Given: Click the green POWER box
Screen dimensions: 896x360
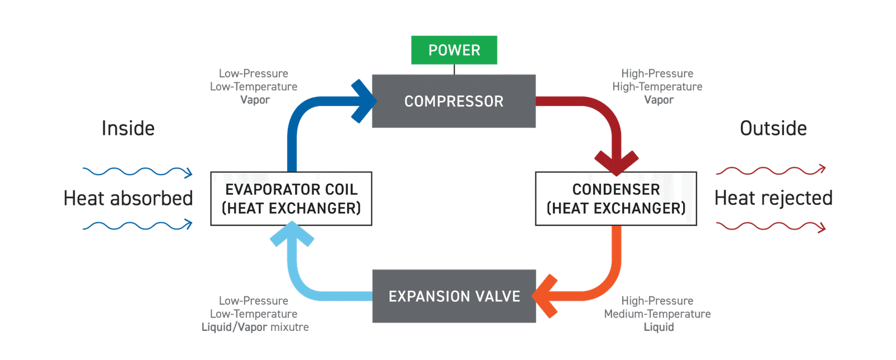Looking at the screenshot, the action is [x=454, y=50].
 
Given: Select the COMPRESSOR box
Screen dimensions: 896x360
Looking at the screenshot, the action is [x=454, y=101].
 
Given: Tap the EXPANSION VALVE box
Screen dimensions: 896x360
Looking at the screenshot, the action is [x=454, y=296].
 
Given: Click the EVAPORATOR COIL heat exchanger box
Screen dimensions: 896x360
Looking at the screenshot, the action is [x=291, y=199].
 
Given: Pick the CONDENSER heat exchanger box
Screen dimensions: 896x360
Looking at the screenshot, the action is [x=616, y=199].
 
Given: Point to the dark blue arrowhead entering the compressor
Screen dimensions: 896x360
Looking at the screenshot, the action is [x=364, y=101].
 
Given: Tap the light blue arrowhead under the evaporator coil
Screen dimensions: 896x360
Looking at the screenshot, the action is [x=292, y=234].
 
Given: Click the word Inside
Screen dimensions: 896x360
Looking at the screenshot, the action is [x=128, y=128].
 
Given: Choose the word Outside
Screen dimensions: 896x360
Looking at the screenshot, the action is [x=773, y=128].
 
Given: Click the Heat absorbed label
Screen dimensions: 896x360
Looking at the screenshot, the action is [x=128, y=198].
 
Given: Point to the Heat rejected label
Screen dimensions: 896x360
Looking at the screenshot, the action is [x=773, y=198].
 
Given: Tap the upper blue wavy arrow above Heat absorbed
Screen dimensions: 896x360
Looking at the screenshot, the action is [x=137, y=172].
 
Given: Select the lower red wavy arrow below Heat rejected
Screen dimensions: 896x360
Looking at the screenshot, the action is [x=771, y=226].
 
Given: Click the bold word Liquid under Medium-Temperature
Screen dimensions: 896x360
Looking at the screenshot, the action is [x=659, y=327].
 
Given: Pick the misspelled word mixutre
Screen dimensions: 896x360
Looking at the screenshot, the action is [x=290, y=327].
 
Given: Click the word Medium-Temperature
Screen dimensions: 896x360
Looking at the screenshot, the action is [x=657, y=314].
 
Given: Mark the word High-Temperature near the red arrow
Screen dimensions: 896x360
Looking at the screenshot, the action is [x=657, y=87].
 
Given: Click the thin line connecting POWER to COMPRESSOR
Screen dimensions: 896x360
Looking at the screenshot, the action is [x=454, y=69].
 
